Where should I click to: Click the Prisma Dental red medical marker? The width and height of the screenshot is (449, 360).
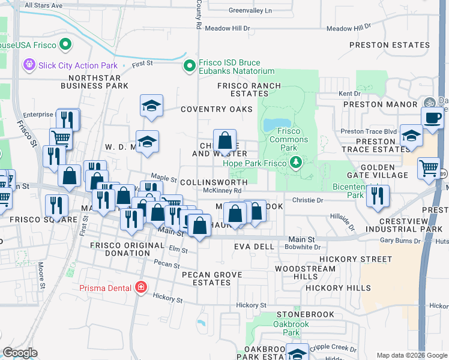(x=140, y=287)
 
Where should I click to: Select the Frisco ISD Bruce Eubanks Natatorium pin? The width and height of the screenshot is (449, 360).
(x=190, y=66)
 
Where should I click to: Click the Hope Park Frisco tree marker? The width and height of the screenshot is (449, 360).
(x=295, y=163)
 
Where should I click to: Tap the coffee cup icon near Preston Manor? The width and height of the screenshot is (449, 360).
(x=433, y=117)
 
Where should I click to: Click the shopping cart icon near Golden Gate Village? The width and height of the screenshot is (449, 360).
(x=429, y=167)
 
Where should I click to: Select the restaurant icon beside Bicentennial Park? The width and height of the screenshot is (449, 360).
(x=378, y=196)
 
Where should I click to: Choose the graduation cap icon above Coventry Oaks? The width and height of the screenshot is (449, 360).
(x=151, y=106)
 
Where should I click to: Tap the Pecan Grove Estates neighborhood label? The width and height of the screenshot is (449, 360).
(x=212, y=279)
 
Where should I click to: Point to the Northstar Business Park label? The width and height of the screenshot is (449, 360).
(x=98, y=82)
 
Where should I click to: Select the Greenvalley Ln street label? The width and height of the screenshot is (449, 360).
(x=250, y=10)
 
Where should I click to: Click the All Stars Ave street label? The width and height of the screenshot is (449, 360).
(x=43, y=5)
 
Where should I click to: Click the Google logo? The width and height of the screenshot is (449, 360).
(x=20, y=353)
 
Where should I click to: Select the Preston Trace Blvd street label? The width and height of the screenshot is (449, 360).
(x=361, y=131)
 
